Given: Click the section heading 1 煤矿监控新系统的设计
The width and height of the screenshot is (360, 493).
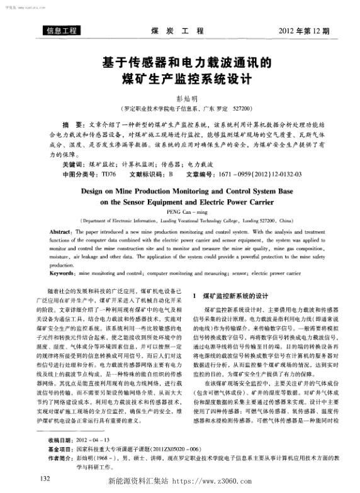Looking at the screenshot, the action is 232,295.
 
